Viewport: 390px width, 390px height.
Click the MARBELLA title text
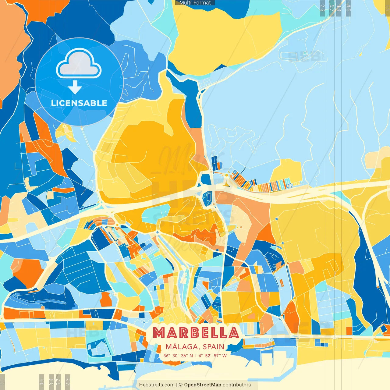[x=196, y=332]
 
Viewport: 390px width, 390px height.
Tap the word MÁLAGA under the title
[x=182, y=347]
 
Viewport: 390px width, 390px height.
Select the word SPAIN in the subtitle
[x=213, y=347]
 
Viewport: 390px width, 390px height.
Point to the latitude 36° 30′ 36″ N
[x=178, y=356]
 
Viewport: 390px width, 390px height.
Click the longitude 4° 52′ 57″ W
[x=213, y=356]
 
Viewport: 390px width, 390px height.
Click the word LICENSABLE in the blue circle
[x=79, y=103]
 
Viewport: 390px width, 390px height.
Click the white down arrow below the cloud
[x=75, y=87]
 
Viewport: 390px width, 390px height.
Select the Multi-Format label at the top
[x=195, y=3]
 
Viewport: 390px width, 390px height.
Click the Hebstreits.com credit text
[x=157, y=385]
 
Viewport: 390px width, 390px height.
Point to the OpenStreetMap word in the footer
[x=203, y=385]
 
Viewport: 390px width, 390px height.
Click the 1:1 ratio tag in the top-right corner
[x=387, y=7]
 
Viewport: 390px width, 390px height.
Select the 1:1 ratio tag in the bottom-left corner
[x=3, y=382]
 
